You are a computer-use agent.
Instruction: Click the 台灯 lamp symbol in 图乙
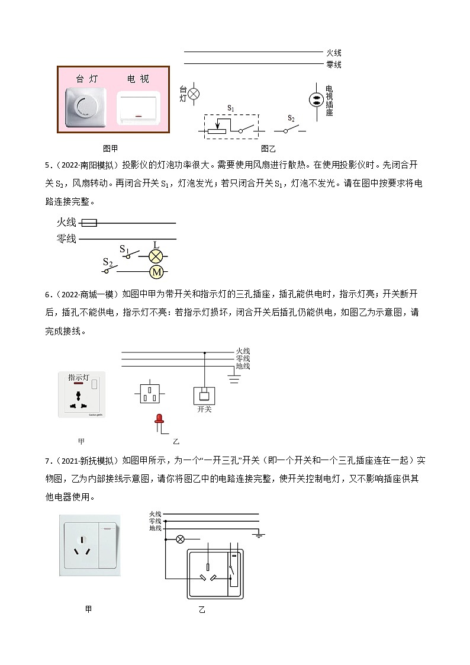point(194,94)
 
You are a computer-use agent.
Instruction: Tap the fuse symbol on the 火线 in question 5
point(88,223)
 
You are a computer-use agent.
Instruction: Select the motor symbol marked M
point(156,272)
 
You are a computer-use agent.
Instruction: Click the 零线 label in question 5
point(66,239)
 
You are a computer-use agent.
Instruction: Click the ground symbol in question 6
point(234,378)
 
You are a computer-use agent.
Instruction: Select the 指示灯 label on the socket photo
point(78,377)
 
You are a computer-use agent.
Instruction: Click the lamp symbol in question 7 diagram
point(181,539)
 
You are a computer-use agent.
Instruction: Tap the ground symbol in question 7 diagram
point(259,535)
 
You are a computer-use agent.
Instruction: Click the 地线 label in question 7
point(155,528)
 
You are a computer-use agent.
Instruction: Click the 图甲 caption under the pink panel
point(111,149)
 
